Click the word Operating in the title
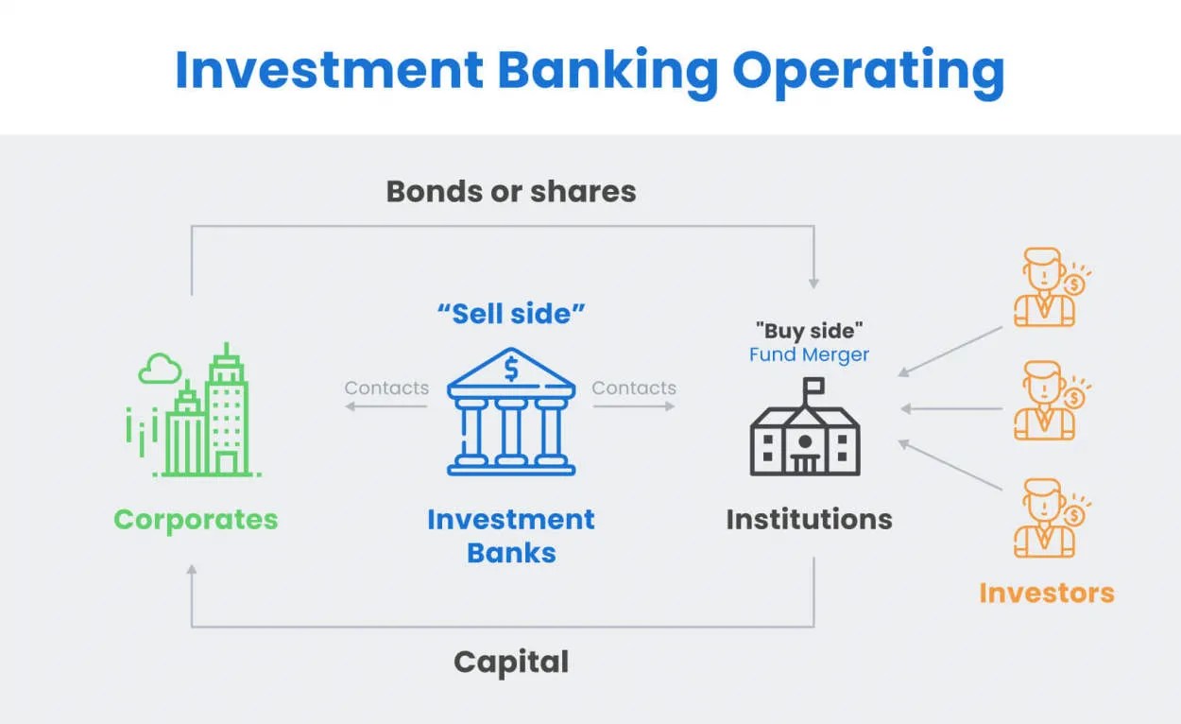coord(867,71)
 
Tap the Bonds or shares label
coord(511,191)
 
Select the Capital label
coord(511,662)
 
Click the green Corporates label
coord(196,519)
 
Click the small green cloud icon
coord(159,369)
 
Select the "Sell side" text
coord(511,314)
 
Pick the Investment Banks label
coord(511,535)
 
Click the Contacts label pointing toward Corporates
coord(386,388)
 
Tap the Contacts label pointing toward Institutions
coord(634,388)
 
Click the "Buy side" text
coord(809,331)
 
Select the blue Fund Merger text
coord(809,355)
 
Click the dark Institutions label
coord(809,519)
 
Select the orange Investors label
coord(1047,594)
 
